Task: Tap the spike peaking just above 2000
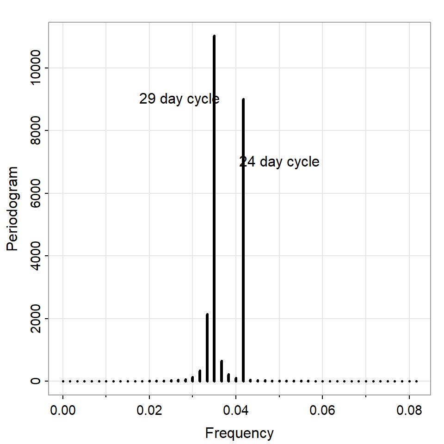(x=207, y=347)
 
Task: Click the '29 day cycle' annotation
(x=179, y=99)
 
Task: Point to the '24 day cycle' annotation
(x=279, y=162)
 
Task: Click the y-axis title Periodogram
(x=12, y=209)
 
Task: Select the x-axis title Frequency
(x=239, y=433)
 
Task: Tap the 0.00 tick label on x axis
(x=63, y=410)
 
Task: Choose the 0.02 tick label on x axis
(x=149, y=410)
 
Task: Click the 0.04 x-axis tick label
(x=236, y=410)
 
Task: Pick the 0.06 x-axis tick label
(x=322, y=410)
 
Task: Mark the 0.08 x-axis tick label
(x=409, y=410)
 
